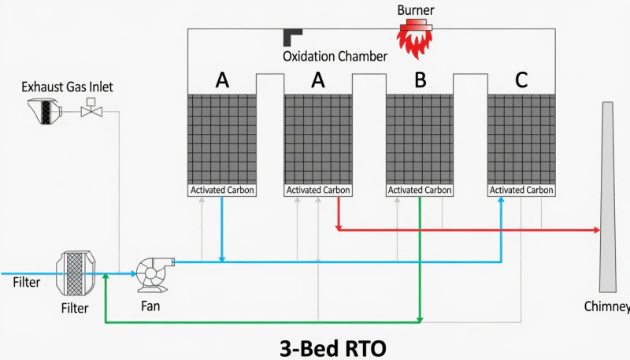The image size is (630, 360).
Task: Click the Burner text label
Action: pos(416,10)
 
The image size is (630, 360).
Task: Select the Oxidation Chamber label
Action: pos(335,57)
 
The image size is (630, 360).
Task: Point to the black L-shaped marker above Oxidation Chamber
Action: pos(293,36)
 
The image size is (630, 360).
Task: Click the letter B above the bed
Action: pos(420,80)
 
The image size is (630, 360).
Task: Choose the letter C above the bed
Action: pos(521,80)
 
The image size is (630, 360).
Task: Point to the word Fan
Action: pos(150,306)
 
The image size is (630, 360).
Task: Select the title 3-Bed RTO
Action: pos(333,346)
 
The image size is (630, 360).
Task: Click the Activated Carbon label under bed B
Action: pos(420,190)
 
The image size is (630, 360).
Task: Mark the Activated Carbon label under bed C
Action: pos(521,190)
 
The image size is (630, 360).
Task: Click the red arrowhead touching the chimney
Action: pos(595,230)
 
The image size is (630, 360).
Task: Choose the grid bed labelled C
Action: pos(521,139)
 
